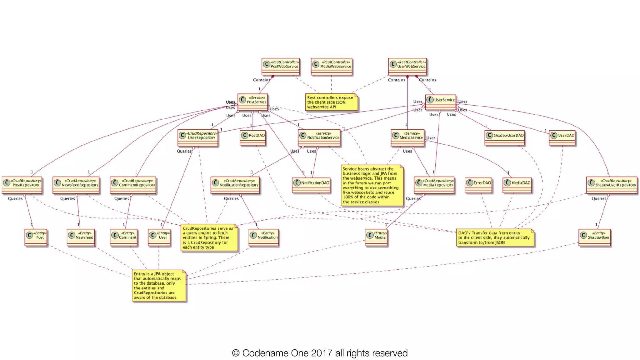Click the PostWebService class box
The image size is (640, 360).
tap(281, 67)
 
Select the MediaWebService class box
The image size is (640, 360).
tap(332, 67)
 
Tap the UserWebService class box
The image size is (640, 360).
tap(407, 67)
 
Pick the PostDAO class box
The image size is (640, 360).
tap(253, 138)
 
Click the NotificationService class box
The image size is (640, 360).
tap(319, 138)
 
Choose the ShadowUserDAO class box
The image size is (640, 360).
tap(504, 138)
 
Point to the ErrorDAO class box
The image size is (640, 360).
tap(478, 185)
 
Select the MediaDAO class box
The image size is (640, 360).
tap(517, 185)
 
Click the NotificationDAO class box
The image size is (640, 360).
tap(311, 185)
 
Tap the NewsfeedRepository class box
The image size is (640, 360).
tap(76, 185)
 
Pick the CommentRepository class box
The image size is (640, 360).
tap(133, 185)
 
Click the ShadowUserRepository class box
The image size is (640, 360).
tap(612, 185)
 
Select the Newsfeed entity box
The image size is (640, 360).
tap(81, 237)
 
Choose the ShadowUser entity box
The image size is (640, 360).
tap(594, 237)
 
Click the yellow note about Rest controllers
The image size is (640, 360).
tap(331, 102)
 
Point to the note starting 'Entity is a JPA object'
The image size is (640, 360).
tap(159, 285)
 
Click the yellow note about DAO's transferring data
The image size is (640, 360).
tap(495, 237)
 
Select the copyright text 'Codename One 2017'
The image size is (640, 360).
tap(320, 353)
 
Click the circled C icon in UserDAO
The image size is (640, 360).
tap(554, 135)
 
